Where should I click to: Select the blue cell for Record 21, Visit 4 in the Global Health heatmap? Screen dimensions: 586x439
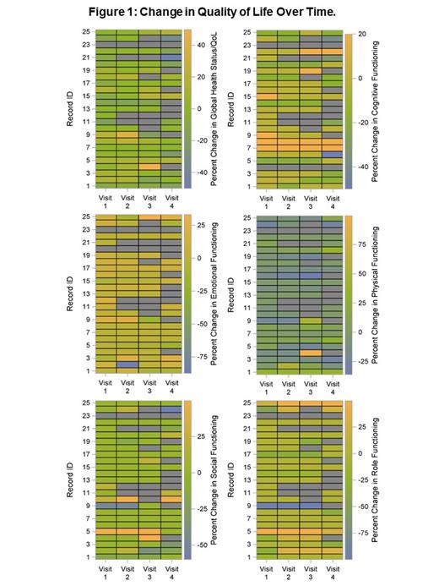[172, 57]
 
